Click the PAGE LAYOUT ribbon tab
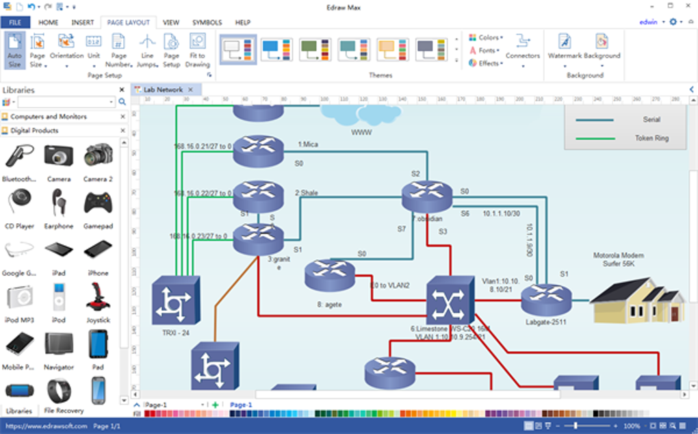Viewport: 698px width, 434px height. [x=128, y=23]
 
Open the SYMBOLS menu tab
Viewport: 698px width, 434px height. [x=207, y=23]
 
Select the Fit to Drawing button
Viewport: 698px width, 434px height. [x=197, y=51]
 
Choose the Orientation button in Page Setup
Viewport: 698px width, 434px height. [x=66, y=51]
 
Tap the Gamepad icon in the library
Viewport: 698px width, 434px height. [x=98, y=205]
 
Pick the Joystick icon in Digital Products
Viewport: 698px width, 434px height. [x=98, y=298]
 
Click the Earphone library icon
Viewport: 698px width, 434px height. [x=59, y=205]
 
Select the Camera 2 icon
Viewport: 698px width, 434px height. [x=98, y=157]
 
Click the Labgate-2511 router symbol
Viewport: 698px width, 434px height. [x=545, y=299]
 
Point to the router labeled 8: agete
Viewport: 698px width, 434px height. [x=330, y=275]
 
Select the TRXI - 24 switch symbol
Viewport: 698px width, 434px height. [x=176, y=301]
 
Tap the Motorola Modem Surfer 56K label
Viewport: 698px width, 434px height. [x=618, y=259]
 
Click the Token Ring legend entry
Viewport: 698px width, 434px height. [x=651, y=138]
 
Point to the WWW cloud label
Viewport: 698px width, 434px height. [x=361, y=132]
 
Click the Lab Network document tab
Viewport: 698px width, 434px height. [x=163, y=90]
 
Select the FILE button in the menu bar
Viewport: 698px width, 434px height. [x=15, y=23]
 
